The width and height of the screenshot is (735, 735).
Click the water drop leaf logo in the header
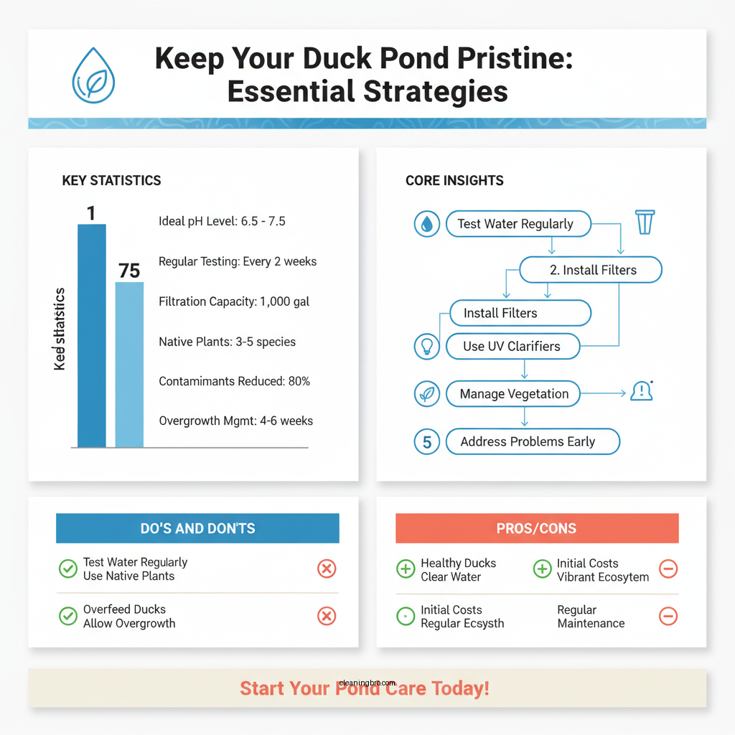pyautogui.click(x=93, y=75)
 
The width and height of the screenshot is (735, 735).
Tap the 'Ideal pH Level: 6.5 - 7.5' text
pyautogui.click(x=222, y=221)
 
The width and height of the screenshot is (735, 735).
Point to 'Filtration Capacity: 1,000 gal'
pyautogui.click(x=234, y=302)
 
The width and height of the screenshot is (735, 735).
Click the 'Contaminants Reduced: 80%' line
pyautogui.click(x=234, y=381)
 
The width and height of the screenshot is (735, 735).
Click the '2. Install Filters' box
pyautogui.click(x=590, y=270)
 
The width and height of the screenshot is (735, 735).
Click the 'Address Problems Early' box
pyautogui.click(x=532, y=441)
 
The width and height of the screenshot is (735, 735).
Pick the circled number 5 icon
pyautogui.click(x=427, y=441)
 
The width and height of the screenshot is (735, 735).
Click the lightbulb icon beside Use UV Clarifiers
pyautogui.click(x=426, y=346)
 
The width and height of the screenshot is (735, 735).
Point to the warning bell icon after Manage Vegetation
pyautogui.click(x=640, y=391)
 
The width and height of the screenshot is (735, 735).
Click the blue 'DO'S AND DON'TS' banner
pyautogui.click(x=197, y=528)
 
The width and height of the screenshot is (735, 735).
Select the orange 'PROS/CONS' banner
pyautogui.click(x=537, y=528)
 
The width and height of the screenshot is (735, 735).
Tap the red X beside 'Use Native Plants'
pyautogui.click(x=327, y=569)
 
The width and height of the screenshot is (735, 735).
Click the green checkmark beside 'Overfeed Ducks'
pyautogui.click(x=67, y=616)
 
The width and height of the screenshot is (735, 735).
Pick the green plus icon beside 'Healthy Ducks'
pyautogui.click(x=406, y=569)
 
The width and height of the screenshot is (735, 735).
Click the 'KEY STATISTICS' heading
pyautogui.click(x=111, y=180)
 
